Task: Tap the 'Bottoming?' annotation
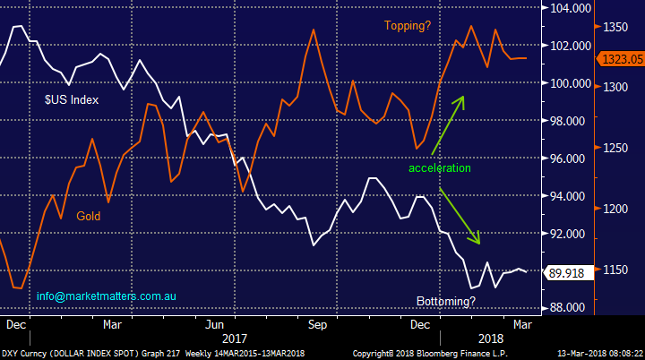[x=446, y=301]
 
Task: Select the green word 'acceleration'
[x=439, y=167]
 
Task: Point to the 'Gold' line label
[x=88, y=216]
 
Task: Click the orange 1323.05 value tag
[x=620, y=59]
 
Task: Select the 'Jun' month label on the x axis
[x=214, y=323]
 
